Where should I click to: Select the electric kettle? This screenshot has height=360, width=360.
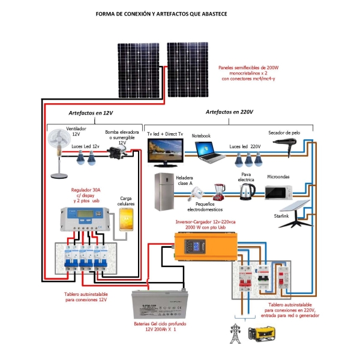pos(247,191)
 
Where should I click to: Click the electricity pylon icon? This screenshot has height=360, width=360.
pos(236,333)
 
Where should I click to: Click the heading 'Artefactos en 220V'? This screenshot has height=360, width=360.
pos(229,112)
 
